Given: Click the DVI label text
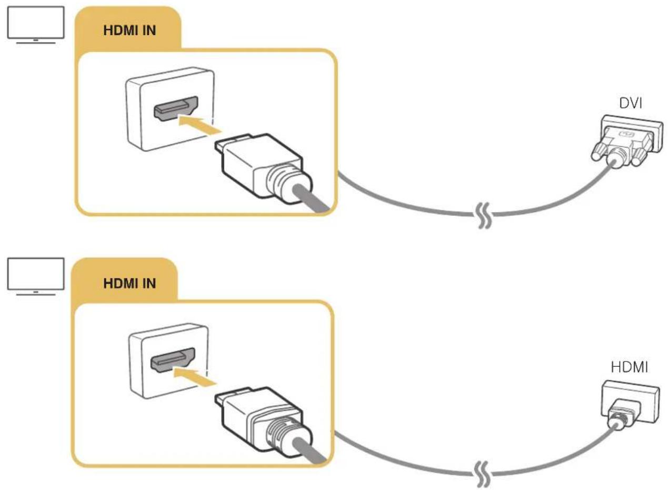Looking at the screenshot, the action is (x=631, y=103).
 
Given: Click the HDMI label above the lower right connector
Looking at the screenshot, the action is (x=630, y=367).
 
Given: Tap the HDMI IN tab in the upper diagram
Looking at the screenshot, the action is (x=129, y=31).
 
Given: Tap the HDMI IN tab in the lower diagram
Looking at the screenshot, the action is (x=129, y=283).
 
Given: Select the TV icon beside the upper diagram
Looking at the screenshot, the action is (x=36, y=25).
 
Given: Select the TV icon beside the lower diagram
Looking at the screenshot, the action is (x=36, y=277).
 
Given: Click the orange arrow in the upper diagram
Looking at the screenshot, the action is (x=199, y=126).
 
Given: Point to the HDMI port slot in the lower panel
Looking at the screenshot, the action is (x=173, y=360).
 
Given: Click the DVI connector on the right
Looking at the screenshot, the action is (x=626, y=141).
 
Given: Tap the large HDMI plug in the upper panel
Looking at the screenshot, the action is (x=263, y=169).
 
